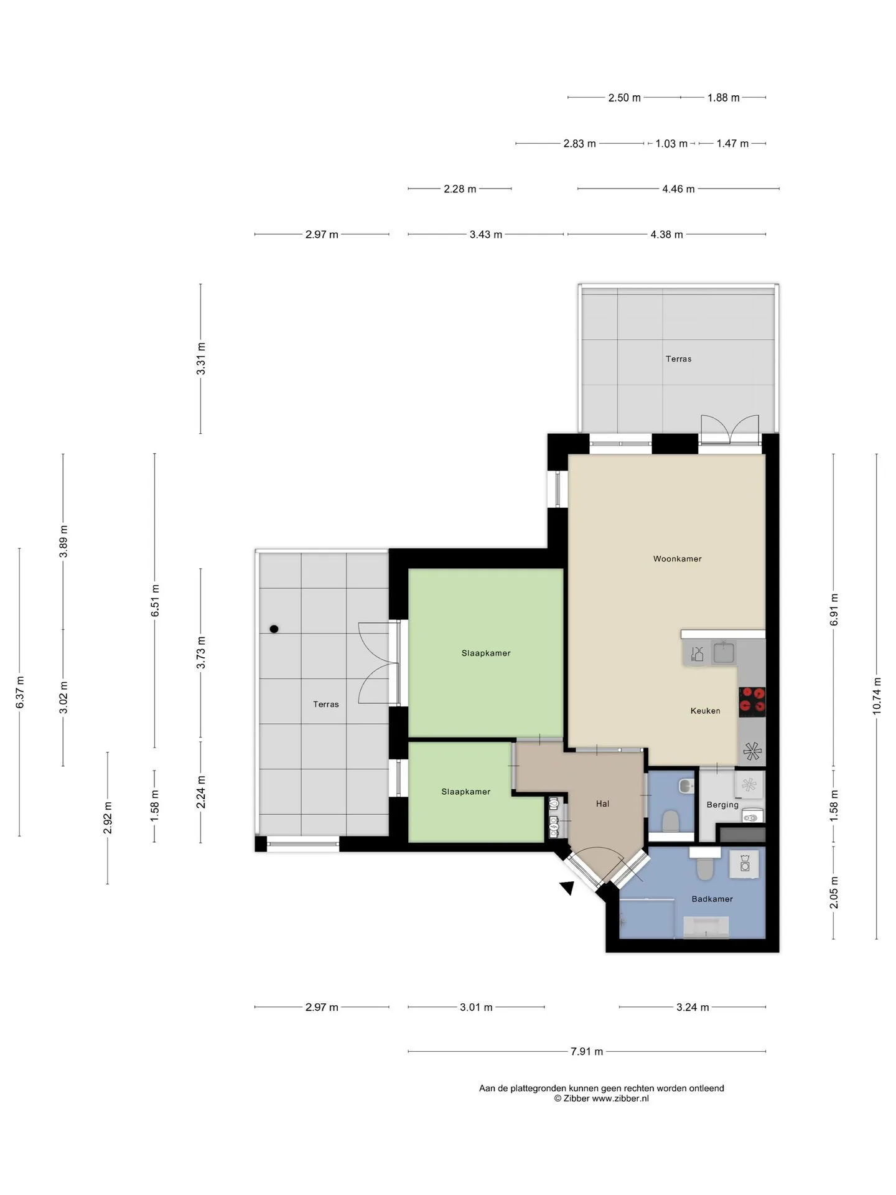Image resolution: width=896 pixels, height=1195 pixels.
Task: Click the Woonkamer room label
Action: pyautogui.click(x=677, y=559)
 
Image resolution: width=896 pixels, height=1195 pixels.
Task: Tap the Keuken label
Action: pyautogui.click(x=705, y=711)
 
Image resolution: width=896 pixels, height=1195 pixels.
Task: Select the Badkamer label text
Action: pyautogui.click(x=712, y=899)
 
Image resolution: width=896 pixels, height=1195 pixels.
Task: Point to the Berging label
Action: pyautogui.click(x=722, y=805)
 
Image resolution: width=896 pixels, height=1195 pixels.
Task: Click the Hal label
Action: pyautogui.click(x=602, y=804)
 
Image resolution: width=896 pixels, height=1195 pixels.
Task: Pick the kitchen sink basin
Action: pyautogui.click(x=724, y=653)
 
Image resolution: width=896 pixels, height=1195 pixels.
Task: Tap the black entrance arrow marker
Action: pyautogui.click(x=567, y=888)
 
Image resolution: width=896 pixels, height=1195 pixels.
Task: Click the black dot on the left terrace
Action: pyautogui.click(x=274, y=629)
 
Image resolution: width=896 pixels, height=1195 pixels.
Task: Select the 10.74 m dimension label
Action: pyautogui.click(x=877, y=695)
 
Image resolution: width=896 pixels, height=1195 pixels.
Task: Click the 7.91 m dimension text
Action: pyautogui.click(x=587, y=1051)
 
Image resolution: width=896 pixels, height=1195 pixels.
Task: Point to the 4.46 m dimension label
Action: pyautogui.click(x=678, y=189)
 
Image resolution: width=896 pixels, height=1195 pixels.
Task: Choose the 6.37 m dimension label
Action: pyautogui.click(x=20, y=691)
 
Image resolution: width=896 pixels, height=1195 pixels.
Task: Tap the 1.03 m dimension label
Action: pyautogui.click(x=671, y=143)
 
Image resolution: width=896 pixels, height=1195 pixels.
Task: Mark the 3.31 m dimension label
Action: pyautogui.click(x=201, y=358)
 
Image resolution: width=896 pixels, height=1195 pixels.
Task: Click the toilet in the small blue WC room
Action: pyautogui.click(x=671, y=820)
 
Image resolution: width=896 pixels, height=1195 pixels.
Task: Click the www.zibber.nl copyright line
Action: pyautogui.click(x=601, y=1099)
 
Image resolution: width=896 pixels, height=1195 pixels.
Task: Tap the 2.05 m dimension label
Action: pyautogui.click(x=834, y=892)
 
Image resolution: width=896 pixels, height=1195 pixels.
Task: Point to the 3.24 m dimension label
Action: pyautogui.click(x=693, y=1007)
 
